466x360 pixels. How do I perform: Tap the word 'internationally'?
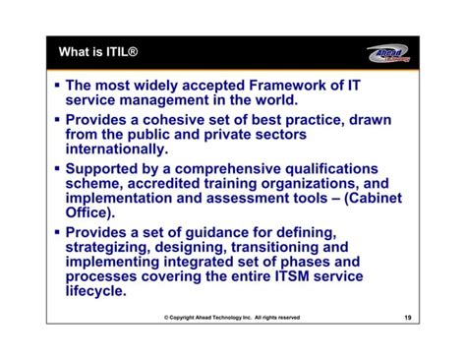(116, 149)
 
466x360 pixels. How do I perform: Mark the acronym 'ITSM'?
(312, 277)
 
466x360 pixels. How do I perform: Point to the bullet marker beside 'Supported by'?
(57, 168)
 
